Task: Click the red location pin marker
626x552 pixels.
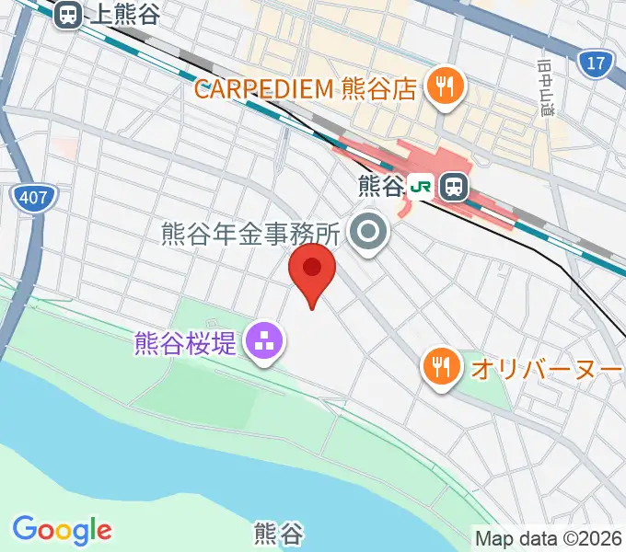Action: [x=312, y=272]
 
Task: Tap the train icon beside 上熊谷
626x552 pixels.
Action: [x=67, y=14]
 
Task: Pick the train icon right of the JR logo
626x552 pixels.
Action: [x=453, y=188]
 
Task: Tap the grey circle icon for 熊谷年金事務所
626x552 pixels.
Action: [x=370, y=235]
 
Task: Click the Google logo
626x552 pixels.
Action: [x=62, y=530]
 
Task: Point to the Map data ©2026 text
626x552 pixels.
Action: [x=549, y=537]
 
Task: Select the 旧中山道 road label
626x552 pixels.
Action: [x=544, y=87]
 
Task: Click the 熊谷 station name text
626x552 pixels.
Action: [x=380, y=188]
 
